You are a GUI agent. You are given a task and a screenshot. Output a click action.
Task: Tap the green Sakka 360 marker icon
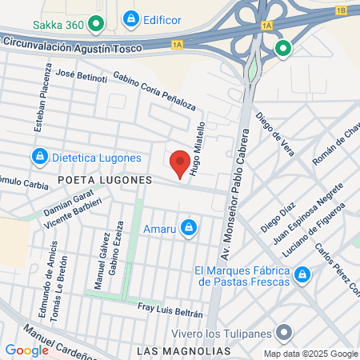(96, 24)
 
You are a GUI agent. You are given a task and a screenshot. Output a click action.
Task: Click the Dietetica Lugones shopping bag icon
(38, 155)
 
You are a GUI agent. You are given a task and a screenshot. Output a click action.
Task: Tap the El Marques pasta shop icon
(302, 277)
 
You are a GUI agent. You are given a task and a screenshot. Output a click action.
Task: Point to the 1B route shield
(342, 10)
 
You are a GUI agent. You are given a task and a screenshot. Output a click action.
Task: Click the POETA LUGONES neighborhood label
(104, 180)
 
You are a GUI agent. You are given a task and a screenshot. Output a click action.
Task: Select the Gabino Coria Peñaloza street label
(154, 94)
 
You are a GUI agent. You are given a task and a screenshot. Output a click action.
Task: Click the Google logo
(26, 350)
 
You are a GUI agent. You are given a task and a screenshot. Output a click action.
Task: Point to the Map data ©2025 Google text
(311, 354)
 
